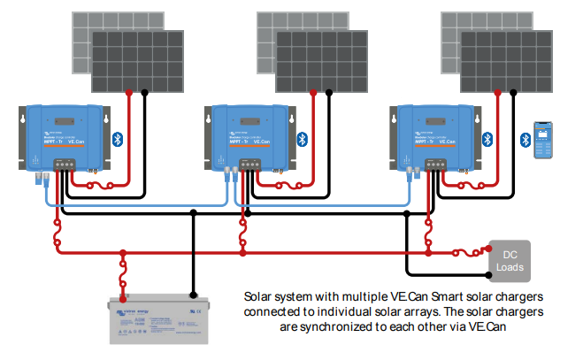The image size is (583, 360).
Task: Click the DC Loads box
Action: pos(510,257)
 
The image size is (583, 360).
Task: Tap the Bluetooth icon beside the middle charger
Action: pos(303,138)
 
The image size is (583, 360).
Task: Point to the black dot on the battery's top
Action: pos(193,294)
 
